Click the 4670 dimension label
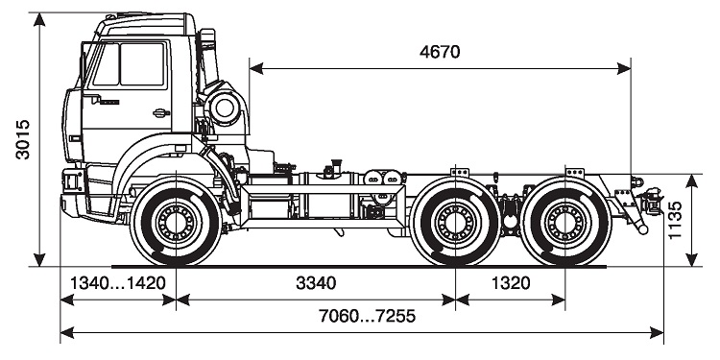[x=440, y=52]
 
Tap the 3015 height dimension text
[x=22, y=139]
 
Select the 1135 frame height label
[x=676, y=220]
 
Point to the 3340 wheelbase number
[x=316, y=283]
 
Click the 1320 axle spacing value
[x=511, y=283]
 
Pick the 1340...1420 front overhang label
[x=117, y=283]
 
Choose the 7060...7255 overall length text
[x=367, y=316]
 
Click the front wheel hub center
[x=176, y=223]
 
